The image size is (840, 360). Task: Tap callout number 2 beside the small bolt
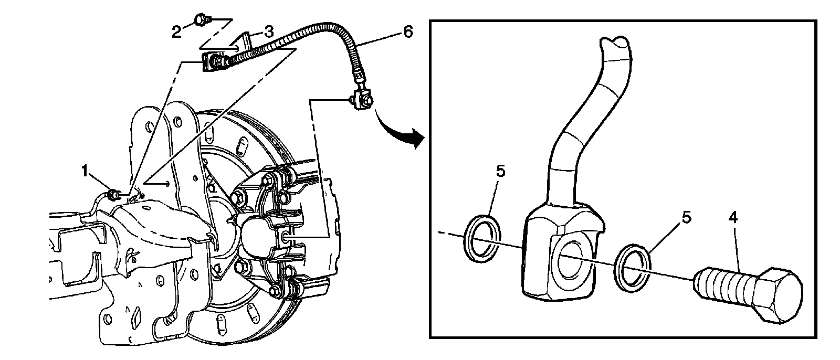click(177, 31)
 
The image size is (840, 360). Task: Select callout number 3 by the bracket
click(268, 31)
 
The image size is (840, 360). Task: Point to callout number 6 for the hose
click(407, 32)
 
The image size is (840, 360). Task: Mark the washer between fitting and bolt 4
click(634, 265)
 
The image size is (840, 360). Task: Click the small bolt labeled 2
click(201, 20)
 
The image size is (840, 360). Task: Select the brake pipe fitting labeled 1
click(112, 196)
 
